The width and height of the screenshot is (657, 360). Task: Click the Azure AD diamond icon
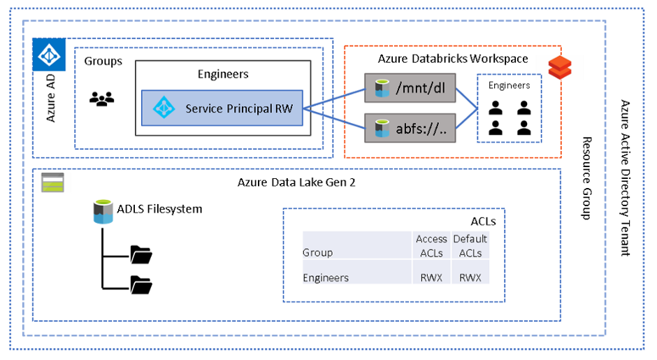tap(49, 54)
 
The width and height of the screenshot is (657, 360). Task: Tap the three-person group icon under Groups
tap(101, 99)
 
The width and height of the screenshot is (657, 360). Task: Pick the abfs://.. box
tap(410, 128)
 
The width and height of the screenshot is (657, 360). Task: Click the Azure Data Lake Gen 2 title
tap(296, 182)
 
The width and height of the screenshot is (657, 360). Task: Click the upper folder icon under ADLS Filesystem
tap(141, 255)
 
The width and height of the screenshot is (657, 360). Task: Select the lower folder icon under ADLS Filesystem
tap(141, 285)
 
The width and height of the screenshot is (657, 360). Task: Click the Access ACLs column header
tap(431, 245)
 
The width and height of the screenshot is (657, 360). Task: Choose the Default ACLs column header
tap(470, 245)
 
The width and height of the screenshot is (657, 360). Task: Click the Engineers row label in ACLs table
tap(326, 278)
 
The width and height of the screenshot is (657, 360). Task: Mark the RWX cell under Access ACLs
tap(431, 278)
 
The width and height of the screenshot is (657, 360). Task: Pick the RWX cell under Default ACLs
tap(470, 278)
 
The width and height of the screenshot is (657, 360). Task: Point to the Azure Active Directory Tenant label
tap(625, 178)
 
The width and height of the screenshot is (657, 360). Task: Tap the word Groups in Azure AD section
tap(103, 62)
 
